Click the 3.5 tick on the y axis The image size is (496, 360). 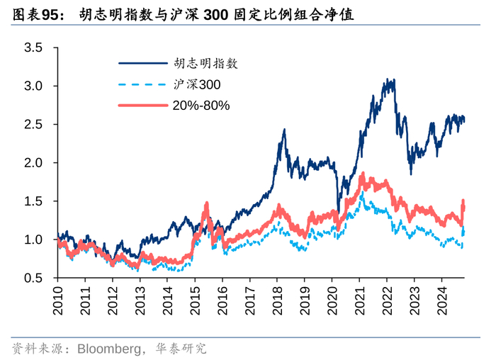(33, 48)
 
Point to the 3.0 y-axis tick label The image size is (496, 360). (33, 86)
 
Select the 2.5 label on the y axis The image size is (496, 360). (33, 125)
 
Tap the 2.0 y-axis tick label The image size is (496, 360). (33, 163)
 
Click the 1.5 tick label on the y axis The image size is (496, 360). (33, 201)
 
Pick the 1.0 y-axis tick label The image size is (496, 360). (33, 240)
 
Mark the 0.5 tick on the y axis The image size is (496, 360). (33, 278)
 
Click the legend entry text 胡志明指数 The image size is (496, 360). (204, 63)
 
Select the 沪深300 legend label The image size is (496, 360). (196, 84)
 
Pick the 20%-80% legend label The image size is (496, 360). (201, 106)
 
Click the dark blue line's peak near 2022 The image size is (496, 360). (389, 79)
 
